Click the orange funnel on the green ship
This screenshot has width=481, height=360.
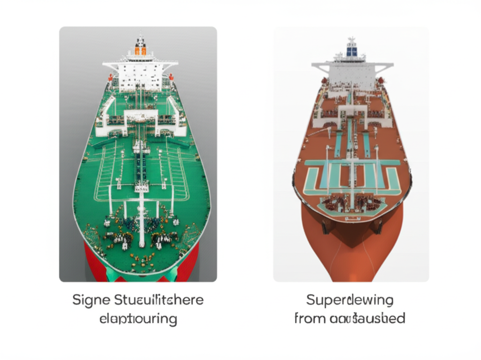tap(140, 49)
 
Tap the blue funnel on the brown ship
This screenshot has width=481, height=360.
tap(351, 50)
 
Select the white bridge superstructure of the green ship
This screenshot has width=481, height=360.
tap(140, 76)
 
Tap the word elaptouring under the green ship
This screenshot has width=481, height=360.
tap(138, 319)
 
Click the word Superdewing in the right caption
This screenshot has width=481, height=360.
tap(350, 299)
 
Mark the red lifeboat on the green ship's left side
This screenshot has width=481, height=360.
tap(110, 78)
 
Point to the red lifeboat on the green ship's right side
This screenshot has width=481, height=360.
tap(171, 77)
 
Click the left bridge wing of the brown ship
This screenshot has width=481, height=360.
tap(320, 67)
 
